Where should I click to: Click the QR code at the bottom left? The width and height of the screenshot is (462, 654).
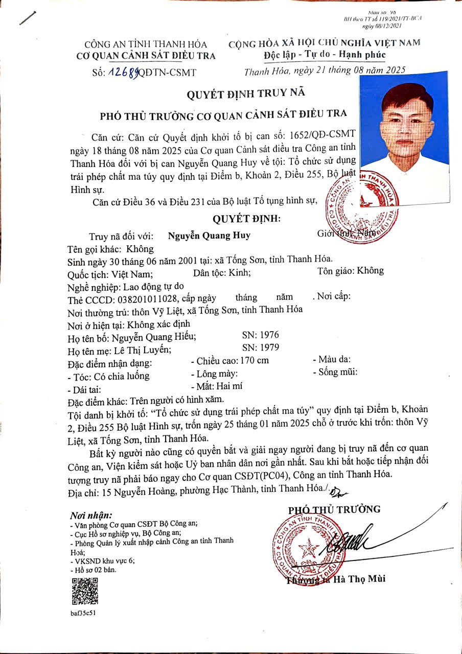pos(84,591)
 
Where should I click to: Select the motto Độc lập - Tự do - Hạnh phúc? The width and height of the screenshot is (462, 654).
pos(325,55)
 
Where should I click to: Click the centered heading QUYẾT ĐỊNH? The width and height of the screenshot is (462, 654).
pos(247,219)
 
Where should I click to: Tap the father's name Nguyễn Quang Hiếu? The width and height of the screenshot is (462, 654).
pos(154,337)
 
